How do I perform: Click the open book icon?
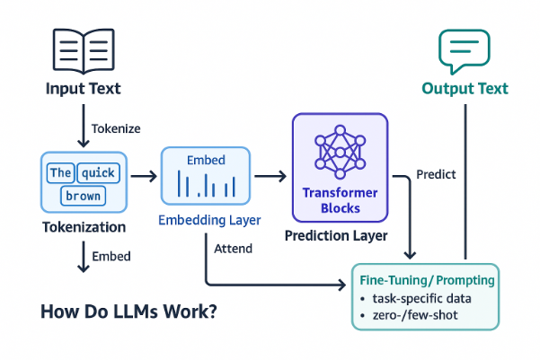[x=84, y=51]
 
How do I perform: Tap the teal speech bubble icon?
[x=464, y=51]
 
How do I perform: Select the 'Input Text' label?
[x=84, y=89]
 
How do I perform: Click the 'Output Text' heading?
[x=465, y=89]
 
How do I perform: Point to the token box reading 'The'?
[x=60, y=172]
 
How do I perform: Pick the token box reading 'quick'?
[x=99, y=172]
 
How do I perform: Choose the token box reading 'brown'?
[x=83, y=196]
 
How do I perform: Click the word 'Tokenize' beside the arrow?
[x=116, y=128]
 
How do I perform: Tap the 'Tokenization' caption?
[x=84, y=227]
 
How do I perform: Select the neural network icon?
[x=341, y=152]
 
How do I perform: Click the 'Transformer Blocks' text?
[x=341, y=200]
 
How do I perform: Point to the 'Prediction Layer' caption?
[x=336, y=236]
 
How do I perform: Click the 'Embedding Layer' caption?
[x=209, y=220]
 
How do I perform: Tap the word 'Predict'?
[x=436, y=174]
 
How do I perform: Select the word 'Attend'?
[x=233, y=249]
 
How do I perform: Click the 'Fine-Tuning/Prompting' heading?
[x=427, y=280]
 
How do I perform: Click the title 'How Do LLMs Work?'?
[x=128, y=312]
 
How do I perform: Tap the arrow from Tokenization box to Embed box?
[x=144, y=177]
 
